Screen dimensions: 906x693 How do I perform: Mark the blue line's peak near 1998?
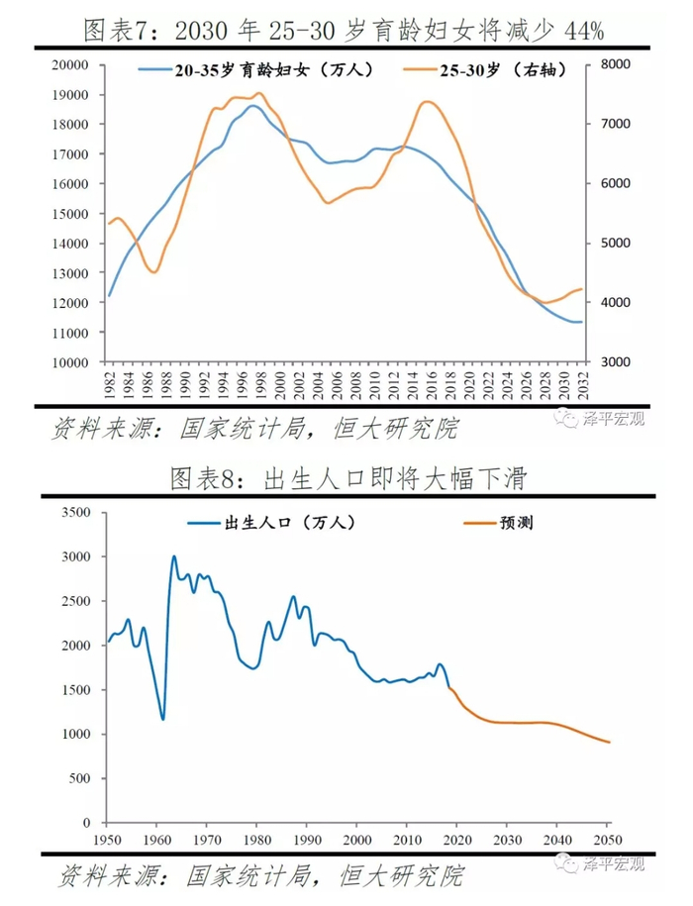[253, 105]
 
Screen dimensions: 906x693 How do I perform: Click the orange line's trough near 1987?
[153, 271]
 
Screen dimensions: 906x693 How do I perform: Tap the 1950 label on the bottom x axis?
[106, 840]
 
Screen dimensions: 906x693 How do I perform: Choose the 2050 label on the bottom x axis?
[609, 840]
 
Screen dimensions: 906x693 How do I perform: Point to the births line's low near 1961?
[162, 719]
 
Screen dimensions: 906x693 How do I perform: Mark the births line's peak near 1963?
[174, 556]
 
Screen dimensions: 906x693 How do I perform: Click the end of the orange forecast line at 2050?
[609, 743]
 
